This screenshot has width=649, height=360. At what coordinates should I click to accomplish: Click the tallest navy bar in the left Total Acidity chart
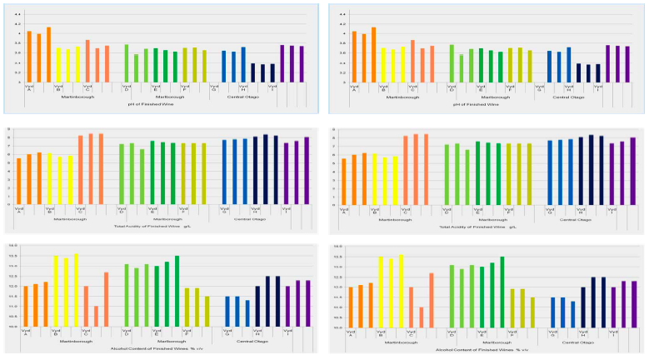point(266,170)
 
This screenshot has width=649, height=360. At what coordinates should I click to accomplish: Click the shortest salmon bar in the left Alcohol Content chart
point(96,317)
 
